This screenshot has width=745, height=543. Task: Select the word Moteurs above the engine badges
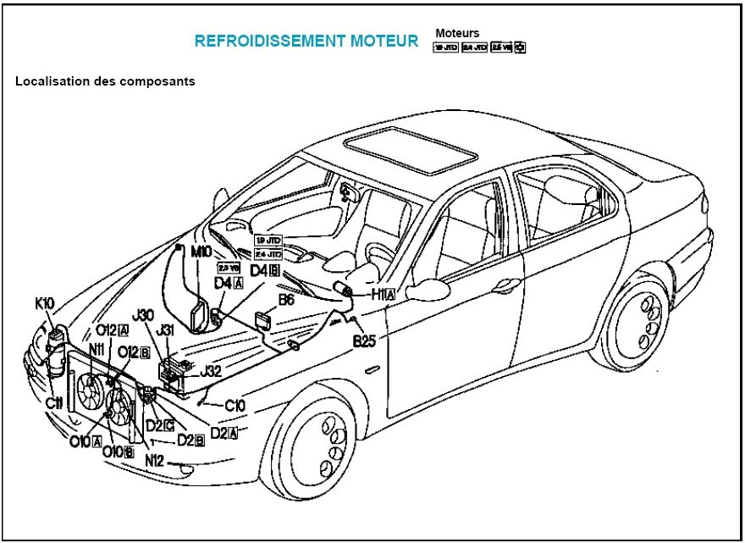457,33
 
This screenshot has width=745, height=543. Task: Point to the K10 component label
45,302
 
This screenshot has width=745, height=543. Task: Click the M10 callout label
201,252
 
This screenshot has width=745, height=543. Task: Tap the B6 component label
286,300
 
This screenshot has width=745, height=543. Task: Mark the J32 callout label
211,370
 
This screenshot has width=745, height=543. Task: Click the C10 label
235,406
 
